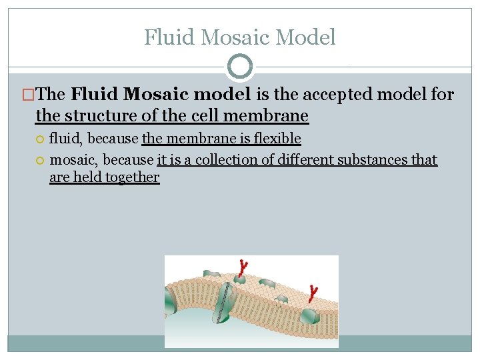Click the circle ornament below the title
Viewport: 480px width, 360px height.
(x=240, y=66)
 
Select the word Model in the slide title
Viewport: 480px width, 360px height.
(x=307, y=37)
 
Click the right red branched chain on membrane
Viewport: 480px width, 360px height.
(x=312, y=293)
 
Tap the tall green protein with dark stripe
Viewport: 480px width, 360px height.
(x=226, y=301)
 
